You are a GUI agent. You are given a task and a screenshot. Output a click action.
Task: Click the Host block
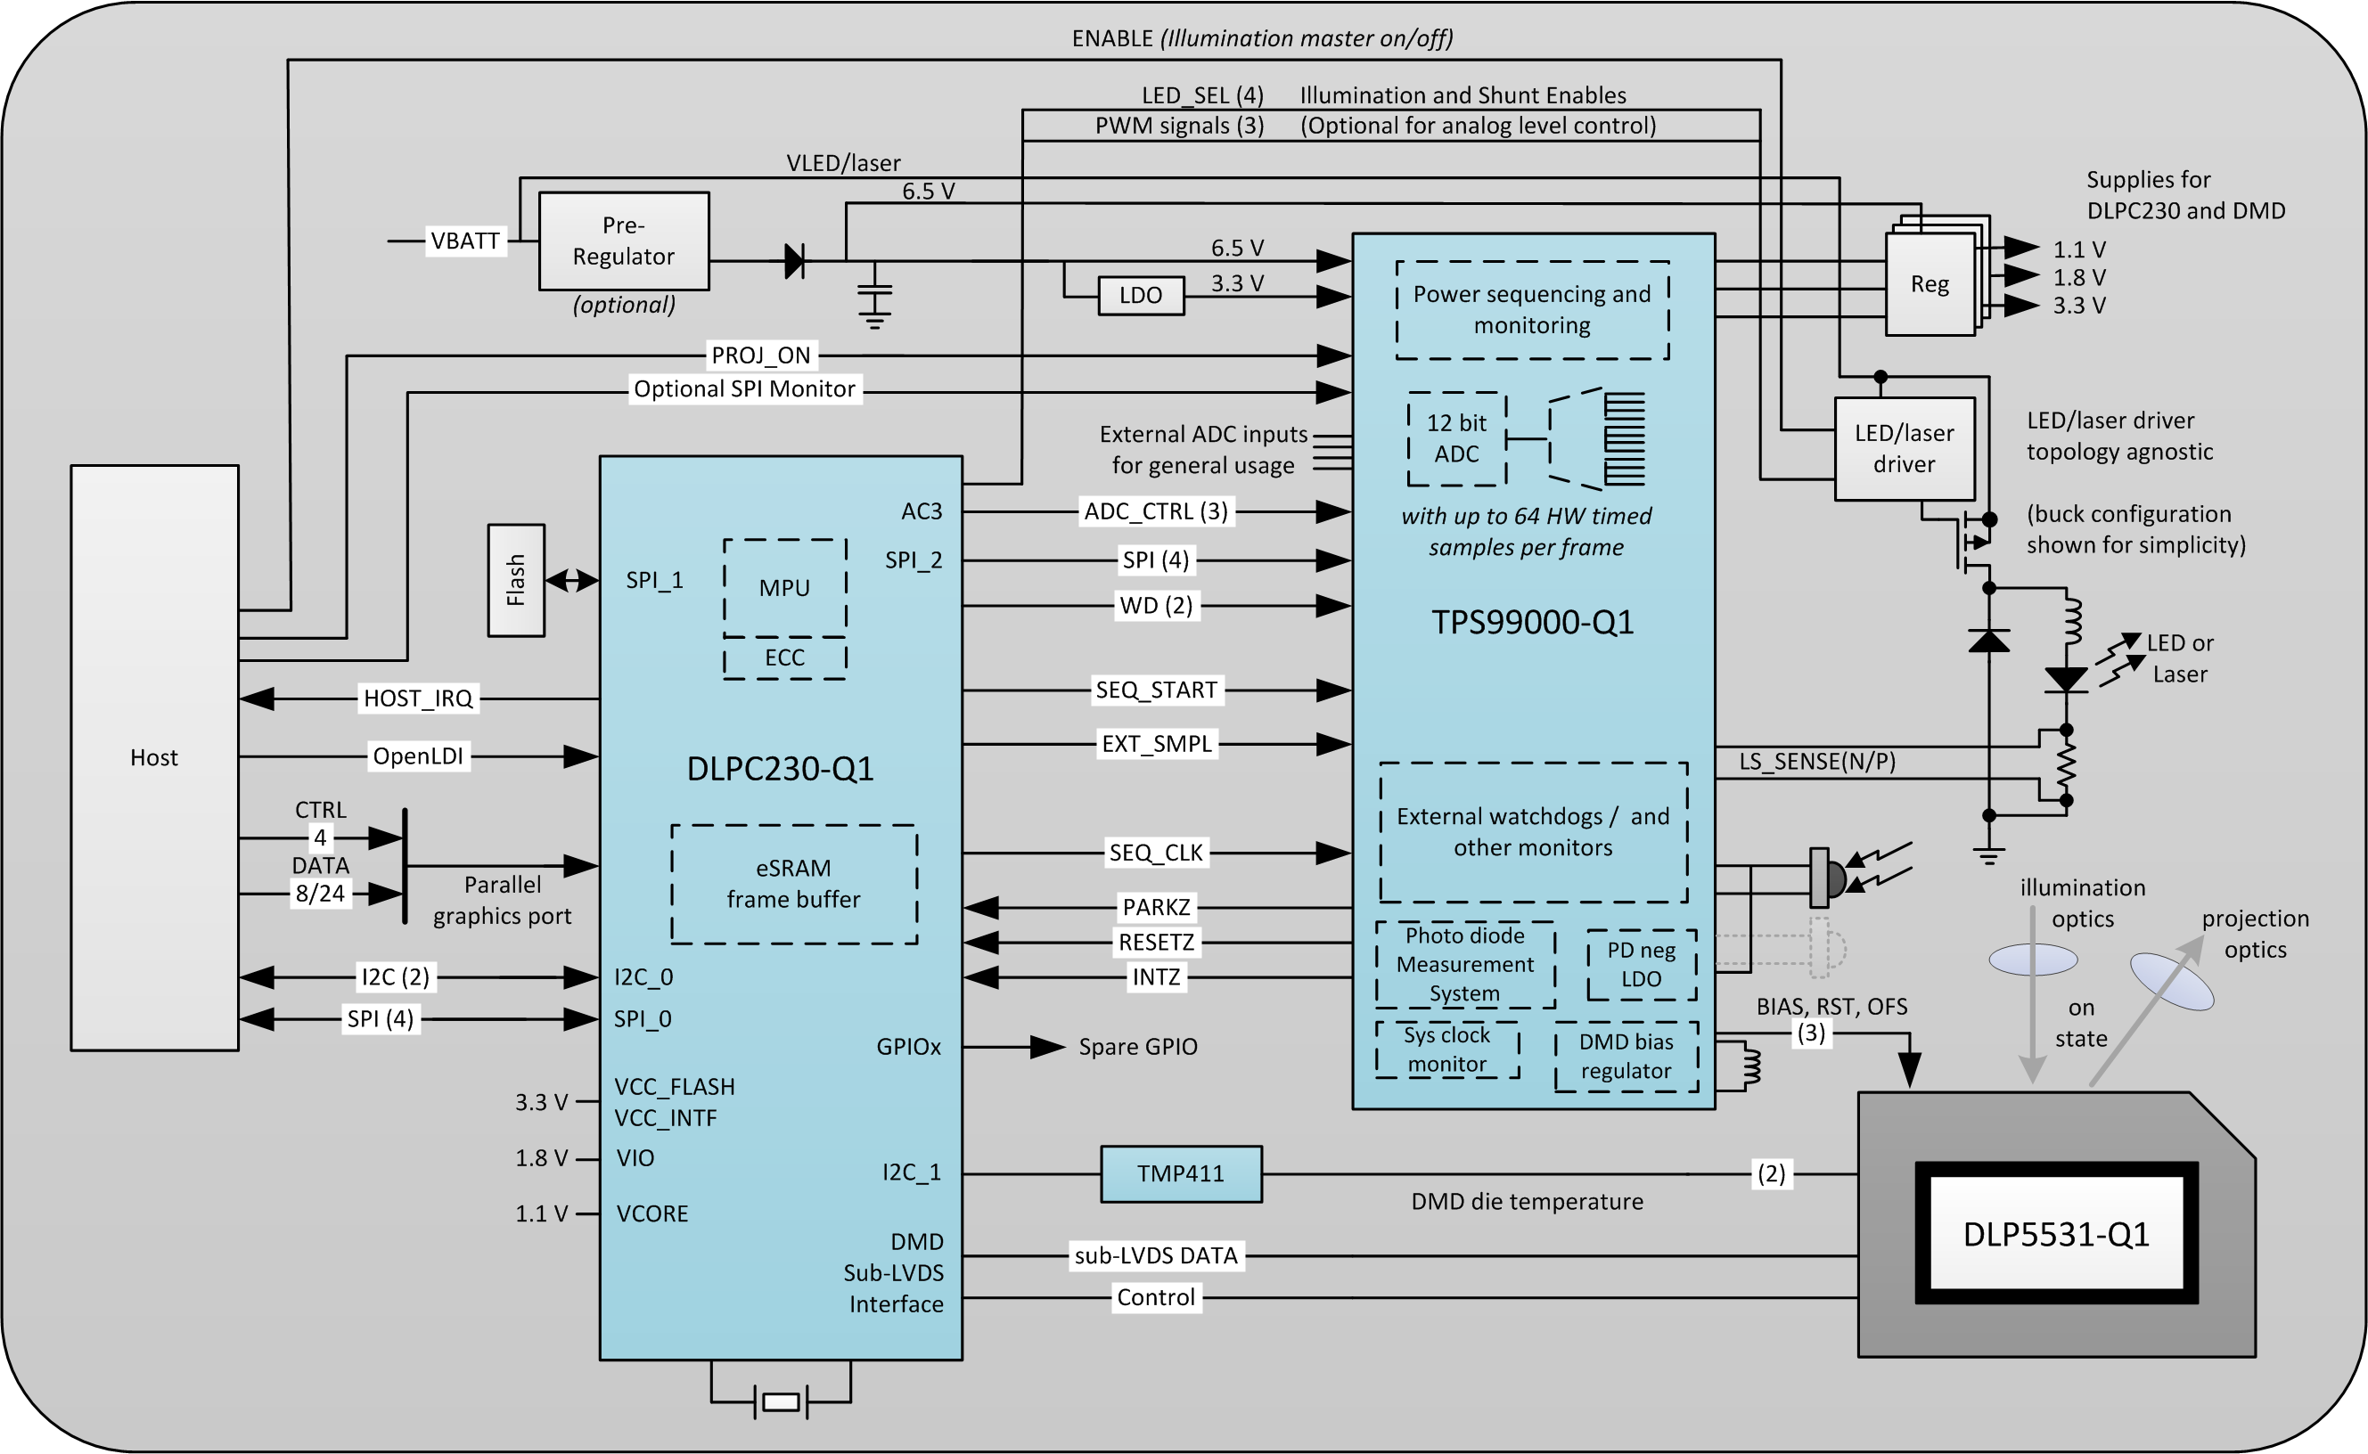point(154,758)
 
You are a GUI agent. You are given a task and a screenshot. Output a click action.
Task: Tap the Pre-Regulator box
point(623,241)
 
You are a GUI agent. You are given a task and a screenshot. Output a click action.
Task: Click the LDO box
point(1140,295)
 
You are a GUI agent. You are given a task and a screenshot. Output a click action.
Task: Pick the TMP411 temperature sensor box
point(1180,1173)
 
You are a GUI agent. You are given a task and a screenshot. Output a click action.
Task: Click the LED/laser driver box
point(1904,448)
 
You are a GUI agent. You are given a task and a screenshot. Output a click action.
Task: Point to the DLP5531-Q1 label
point(2055,1234)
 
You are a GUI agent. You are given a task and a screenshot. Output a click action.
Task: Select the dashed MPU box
point(784,587)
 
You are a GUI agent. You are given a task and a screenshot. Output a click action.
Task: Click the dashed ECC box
point(784,658)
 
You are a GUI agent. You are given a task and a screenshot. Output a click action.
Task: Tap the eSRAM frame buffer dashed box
point(792,884)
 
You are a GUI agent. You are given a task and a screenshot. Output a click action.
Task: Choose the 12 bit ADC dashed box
point(1455,438)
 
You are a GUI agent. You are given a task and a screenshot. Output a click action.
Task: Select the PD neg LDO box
point(1640,965)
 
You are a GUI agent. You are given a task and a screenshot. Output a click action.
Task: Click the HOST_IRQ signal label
point(417,698)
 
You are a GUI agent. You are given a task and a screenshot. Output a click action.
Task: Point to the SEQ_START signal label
point(1155,690)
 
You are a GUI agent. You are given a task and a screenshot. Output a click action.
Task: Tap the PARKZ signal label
point(1155,907)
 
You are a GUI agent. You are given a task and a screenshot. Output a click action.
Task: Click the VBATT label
point(464,241)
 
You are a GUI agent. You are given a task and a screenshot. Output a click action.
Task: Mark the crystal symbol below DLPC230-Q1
point(780,1402)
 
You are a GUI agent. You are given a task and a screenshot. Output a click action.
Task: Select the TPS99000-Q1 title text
point(1532,622)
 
